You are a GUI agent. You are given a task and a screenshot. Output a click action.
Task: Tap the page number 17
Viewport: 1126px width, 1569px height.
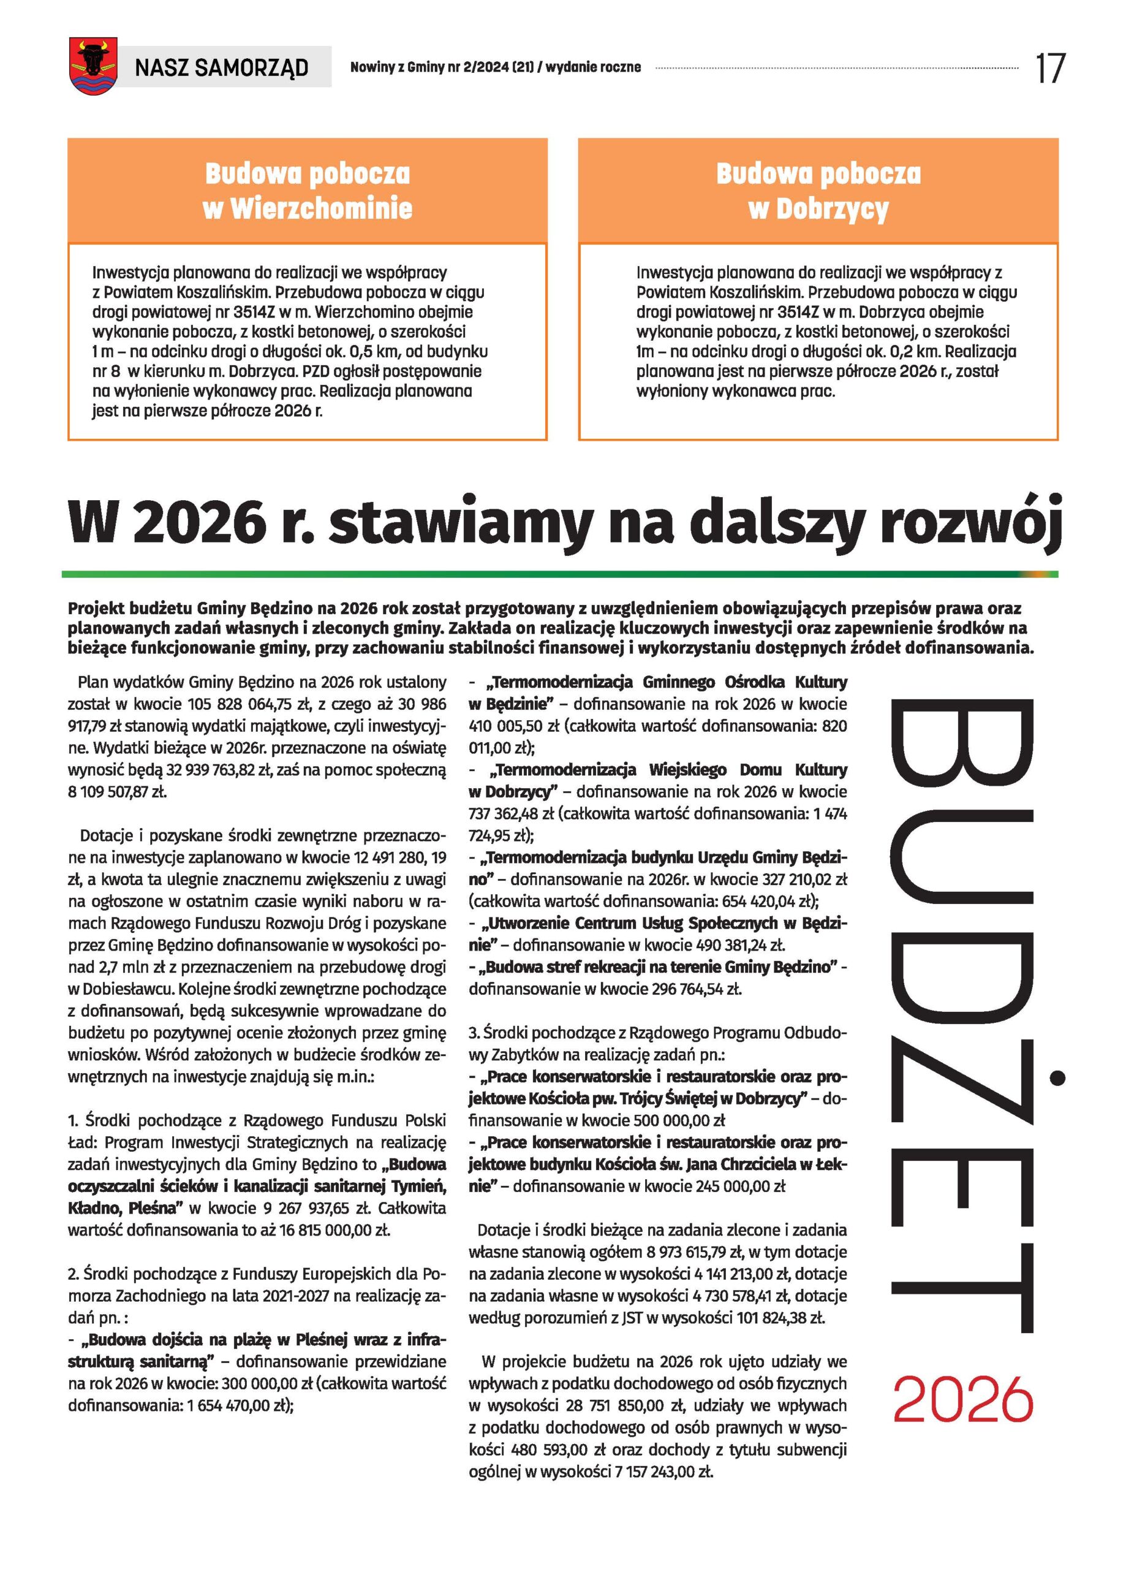1049,69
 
